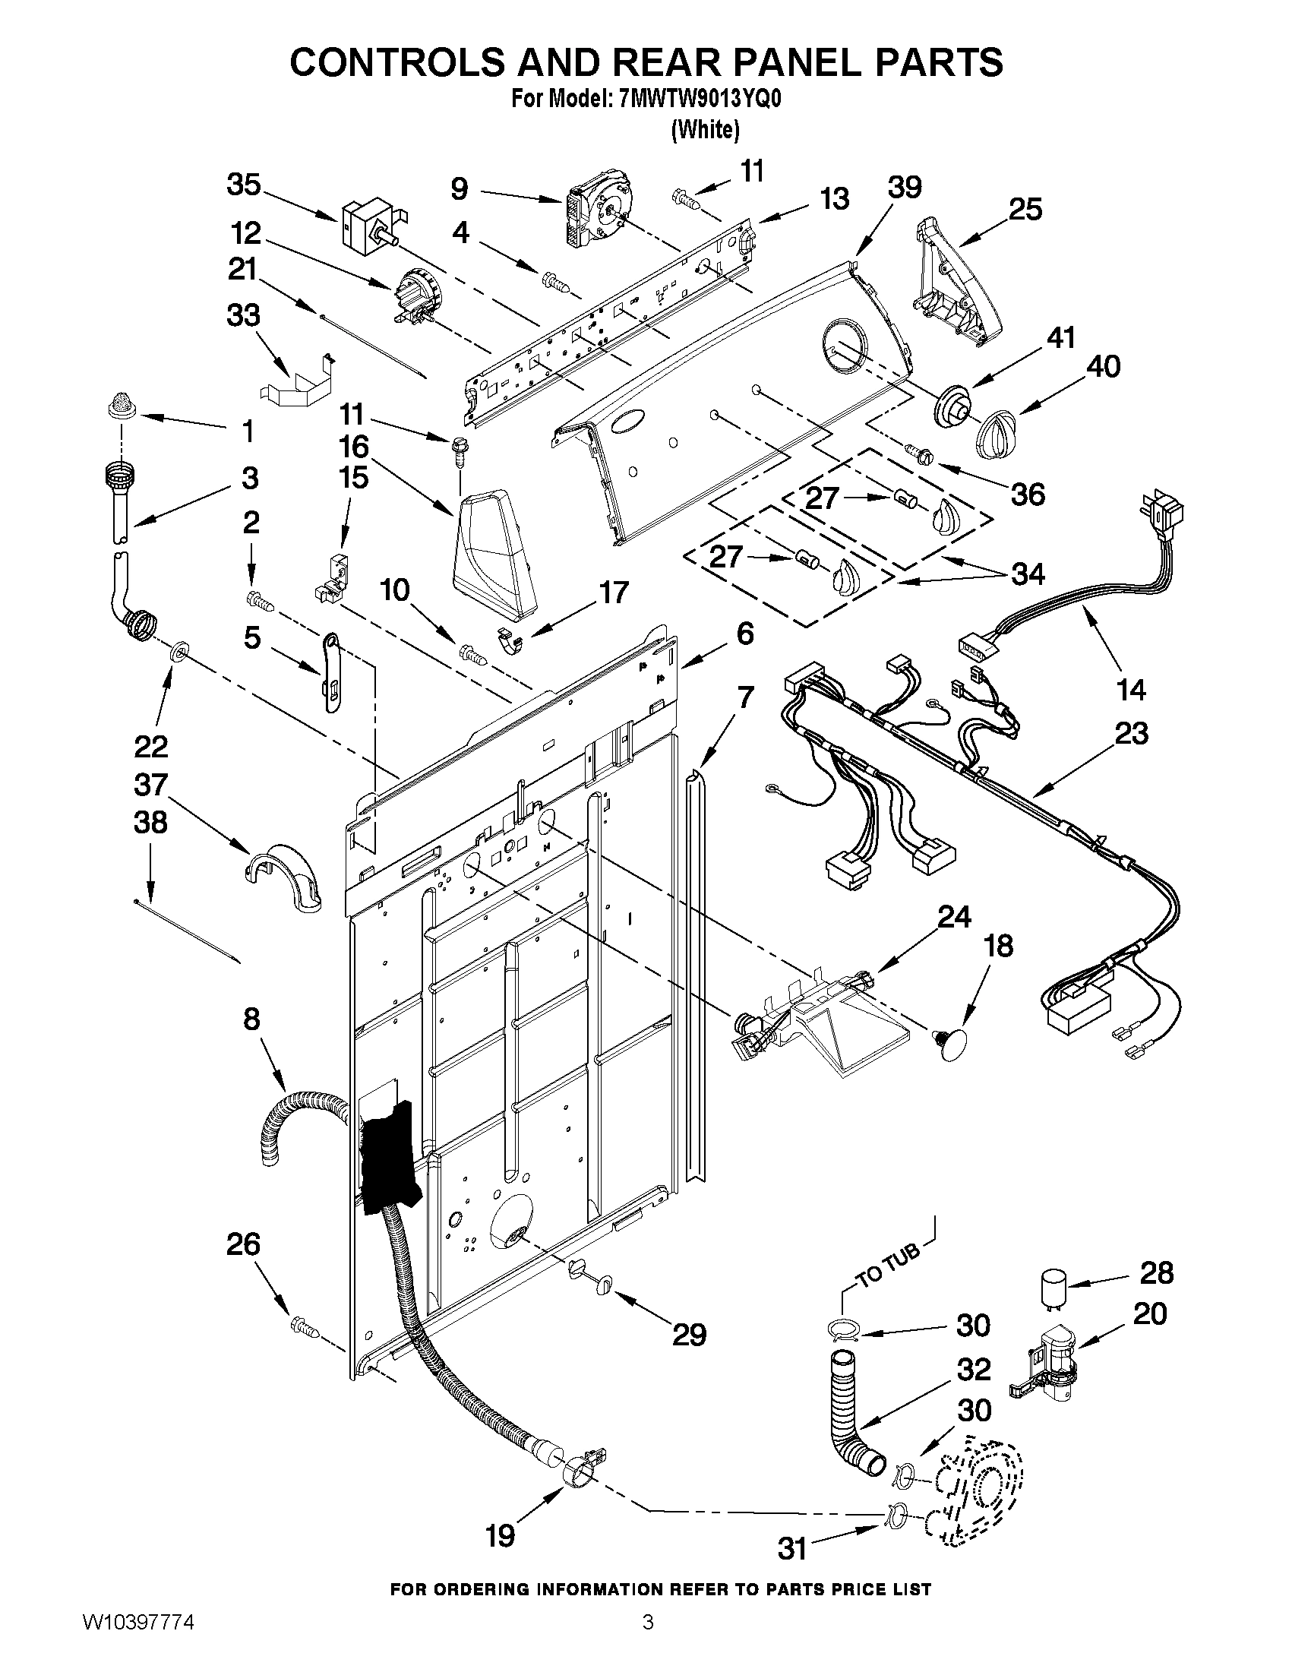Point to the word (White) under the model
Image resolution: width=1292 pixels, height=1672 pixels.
click(x=705, y=130)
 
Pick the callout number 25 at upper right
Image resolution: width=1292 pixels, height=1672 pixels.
click(x=1025, y=208)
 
